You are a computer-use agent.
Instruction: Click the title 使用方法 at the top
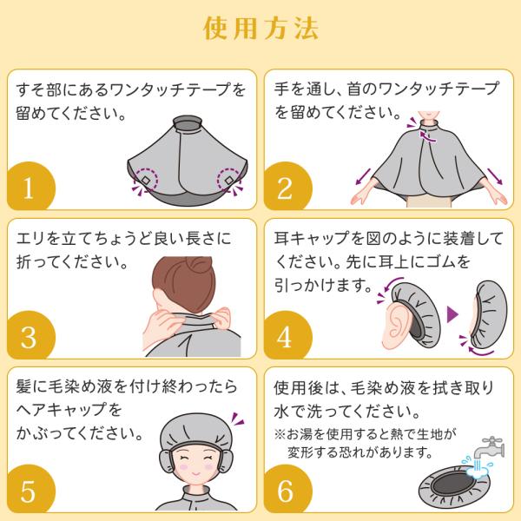tap(260, 29)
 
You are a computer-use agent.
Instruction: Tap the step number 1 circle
tap(30, 186)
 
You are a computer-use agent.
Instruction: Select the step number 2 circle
tap(287, 186)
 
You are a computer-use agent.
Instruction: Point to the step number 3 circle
tap(30, 335)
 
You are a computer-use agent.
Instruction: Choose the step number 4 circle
tap(287, 335)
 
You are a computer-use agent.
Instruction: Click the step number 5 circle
tap(30, 488)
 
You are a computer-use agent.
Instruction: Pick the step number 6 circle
tap(287, 488)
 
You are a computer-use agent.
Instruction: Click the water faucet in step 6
tap(489, 449)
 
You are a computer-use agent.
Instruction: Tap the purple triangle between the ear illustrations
tap(452, 314)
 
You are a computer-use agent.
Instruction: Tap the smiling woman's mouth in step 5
tap(196, 472)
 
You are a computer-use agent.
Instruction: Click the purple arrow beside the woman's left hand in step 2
tap(495, 176)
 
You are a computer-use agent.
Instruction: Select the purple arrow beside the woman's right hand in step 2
tap(363, 176)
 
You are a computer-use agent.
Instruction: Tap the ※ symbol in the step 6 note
tap(280, 434)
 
